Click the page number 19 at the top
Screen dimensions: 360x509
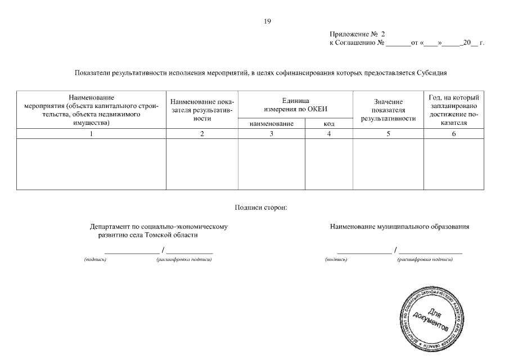coord(268,21)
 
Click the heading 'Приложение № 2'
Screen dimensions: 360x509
coord(358,35)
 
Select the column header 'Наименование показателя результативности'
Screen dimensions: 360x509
coord(202,109)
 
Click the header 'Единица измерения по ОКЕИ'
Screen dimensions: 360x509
coord(295,104)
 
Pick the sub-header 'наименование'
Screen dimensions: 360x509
coord(272,124)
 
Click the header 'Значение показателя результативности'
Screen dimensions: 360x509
coord(388,110)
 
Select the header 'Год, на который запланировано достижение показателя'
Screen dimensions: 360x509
coord(453,110)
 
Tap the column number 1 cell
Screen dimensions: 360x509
coord(91,134)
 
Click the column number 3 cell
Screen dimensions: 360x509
coord(272,134)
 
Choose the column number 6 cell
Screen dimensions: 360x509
coord(453,134)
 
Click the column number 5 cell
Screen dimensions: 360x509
coord(388,134)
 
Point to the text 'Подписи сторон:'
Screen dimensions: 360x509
coord(260,208)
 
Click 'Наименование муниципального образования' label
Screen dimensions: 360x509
coord(400,227)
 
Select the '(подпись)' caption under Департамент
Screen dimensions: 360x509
coord(94,260)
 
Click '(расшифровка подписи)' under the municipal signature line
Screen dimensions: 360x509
coord(424,260)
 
